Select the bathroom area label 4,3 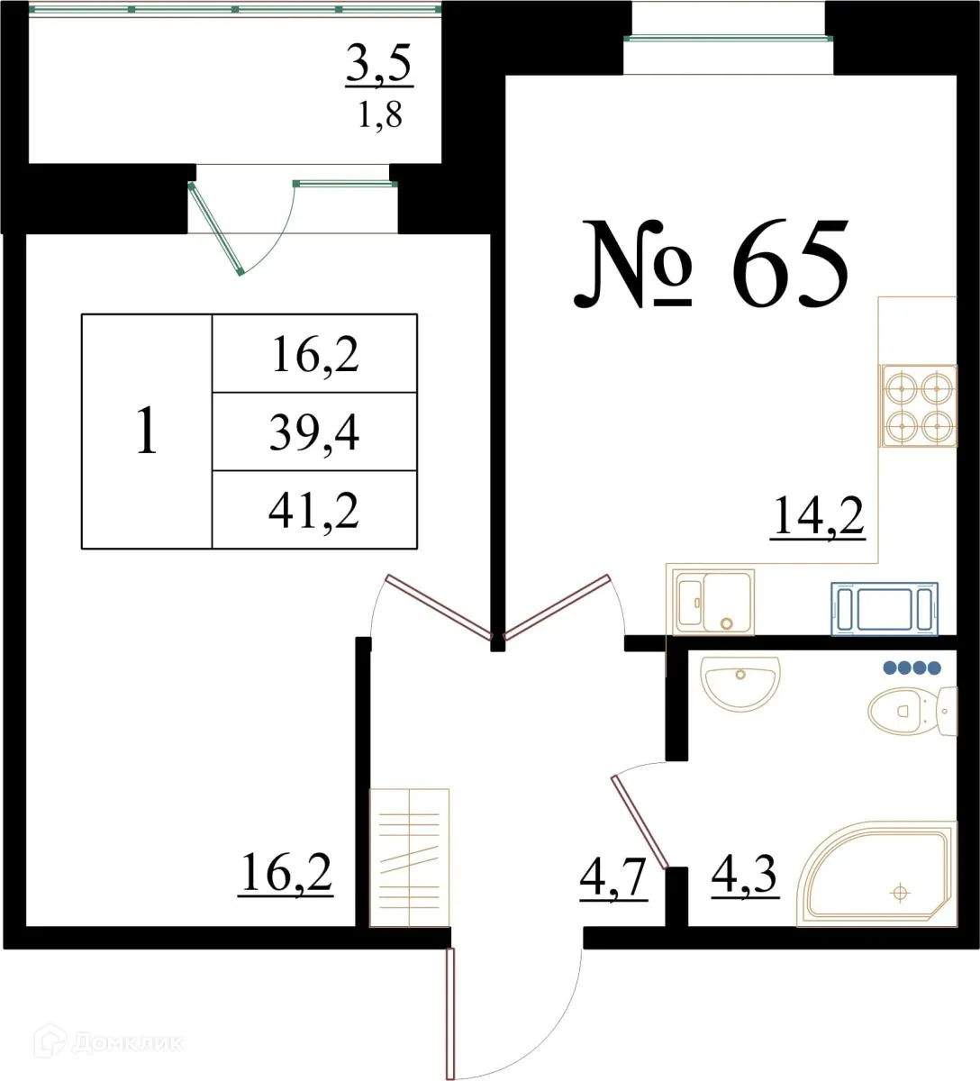(x=744, y=875)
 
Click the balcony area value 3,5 (x=379, y=66)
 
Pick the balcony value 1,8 (x=380, y=115)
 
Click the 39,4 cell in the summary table (x=314, y=432)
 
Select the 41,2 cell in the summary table (x=314, y=511)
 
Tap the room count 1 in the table (x=146, y=431)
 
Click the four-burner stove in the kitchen (x=918, y=405)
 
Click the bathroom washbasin (x=740, y=683)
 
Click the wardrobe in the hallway (x=410, y=857)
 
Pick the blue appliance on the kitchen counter (x=884, y=609)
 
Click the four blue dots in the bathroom (x=912, y=668)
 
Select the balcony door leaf (x=216, y=228)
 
